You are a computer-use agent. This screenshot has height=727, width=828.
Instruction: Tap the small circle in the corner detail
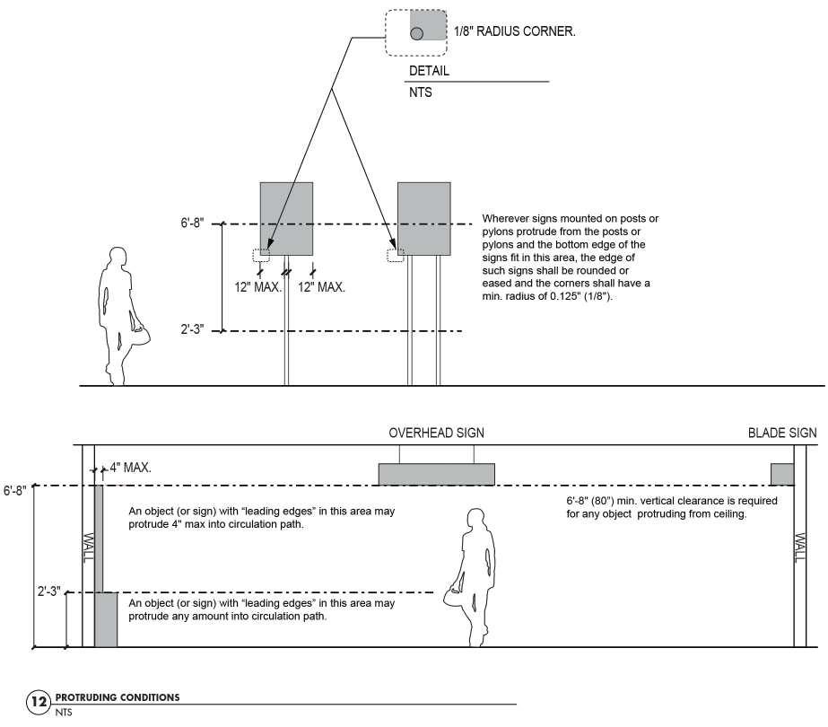coord(417,33)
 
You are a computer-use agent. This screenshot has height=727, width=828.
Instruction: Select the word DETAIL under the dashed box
coord(429,71)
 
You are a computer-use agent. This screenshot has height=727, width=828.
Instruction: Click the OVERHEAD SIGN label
coord(436,433)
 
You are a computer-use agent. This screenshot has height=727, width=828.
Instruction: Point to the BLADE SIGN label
coord(782,433)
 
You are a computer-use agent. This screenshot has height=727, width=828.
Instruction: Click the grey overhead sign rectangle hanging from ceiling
coord(437,474)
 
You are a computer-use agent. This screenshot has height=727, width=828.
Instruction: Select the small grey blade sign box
coord(782,474)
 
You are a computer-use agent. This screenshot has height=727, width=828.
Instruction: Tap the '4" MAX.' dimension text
coord(131,468)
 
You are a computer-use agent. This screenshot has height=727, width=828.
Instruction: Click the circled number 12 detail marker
coord(38,701)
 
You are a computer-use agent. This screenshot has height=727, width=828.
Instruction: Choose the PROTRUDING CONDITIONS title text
coord(117,697)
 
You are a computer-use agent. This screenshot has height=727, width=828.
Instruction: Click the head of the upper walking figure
coord(118,258)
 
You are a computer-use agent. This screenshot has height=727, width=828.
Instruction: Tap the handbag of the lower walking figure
coord(453,595)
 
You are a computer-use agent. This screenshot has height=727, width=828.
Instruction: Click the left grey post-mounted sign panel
coord(286,218)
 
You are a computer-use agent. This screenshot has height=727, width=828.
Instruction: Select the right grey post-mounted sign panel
coord(423,218)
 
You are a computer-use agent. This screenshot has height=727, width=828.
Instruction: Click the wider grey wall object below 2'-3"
coord(106,619)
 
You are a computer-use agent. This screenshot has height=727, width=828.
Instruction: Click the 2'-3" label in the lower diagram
coord(48,592)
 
